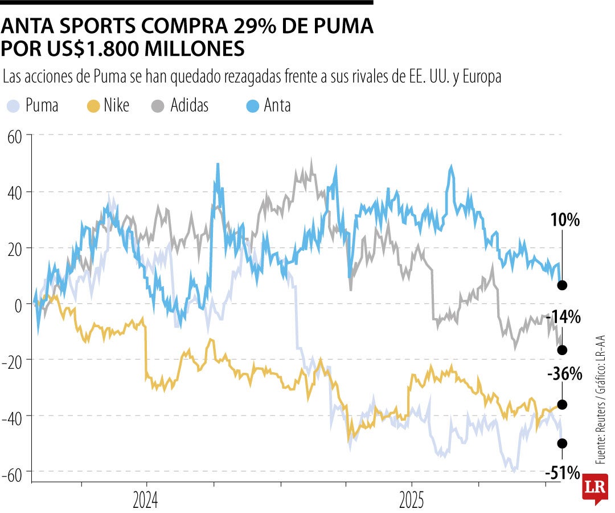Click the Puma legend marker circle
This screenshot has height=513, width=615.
click(x=13, y=105)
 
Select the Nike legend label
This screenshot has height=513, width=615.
click(x=117, y=105)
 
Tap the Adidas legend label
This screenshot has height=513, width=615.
click(x=190, y=105)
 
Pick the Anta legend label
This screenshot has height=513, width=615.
click(x=277, y=105)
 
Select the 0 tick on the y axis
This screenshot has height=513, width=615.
click(x=19, y=304)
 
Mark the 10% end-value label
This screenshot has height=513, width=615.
click(x=564, y=220)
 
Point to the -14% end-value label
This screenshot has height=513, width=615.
click(x=563, y=317)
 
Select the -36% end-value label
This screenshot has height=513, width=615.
click(x=564, y=374)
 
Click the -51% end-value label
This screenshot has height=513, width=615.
click(x=563, y=473)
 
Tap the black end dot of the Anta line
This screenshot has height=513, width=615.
click(x=562, y=285)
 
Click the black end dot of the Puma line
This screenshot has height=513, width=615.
click(x=562, y=443)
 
